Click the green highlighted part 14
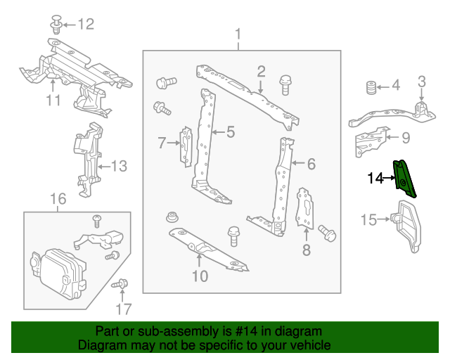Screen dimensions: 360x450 [x=405, y=179]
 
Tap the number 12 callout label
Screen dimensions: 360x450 [x=84, y=25]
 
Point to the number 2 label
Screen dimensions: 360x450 [x=260, y=71]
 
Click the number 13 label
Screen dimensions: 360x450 [x=119, y=167]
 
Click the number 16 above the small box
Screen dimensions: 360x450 [x=58, y=200]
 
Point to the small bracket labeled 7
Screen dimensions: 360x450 [x=186, y=146]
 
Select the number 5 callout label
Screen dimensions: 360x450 [x=229, y=131]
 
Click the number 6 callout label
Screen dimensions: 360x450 [x=311, y=165]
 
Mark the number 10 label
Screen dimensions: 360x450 [x=200, y=276]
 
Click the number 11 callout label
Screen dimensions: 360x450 [x=53, y=101]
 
